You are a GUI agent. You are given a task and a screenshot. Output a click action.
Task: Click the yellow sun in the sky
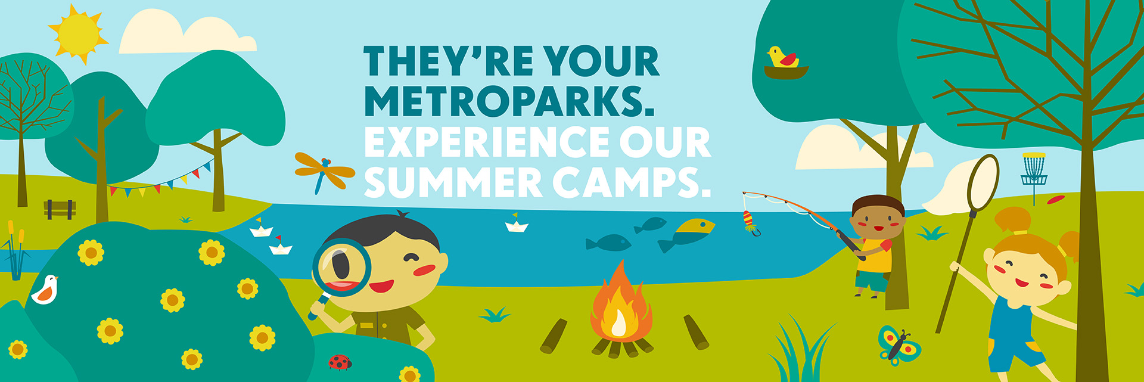pyautogui.click(x=78, y=34)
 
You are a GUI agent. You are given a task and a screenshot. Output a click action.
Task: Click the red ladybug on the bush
pyautogui.click(x=340, y=362)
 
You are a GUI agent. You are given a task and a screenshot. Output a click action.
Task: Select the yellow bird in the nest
pyautogui.click(x=783, y=57)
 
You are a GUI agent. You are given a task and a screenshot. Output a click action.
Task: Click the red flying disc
pyautogui.click(x=1055, y=200)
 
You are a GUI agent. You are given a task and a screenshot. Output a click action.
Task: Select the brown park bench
pyautogui.click(x=60, y=209)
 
